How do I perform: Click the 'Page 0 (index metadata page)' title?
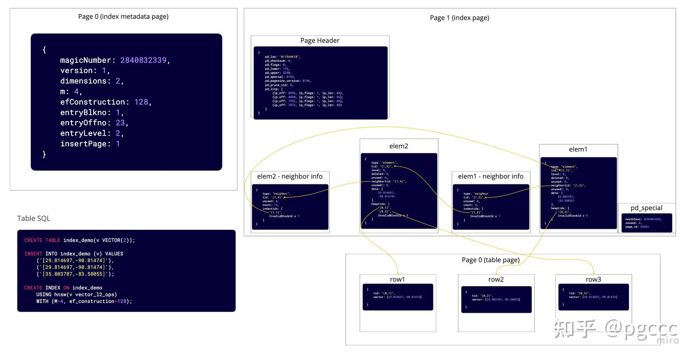tap(123, 16)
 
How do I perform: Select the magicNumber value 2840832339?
tap(144, 60)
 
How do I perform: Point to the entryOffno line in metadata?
tap(94, 123)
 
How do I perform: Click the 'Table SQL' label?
tap(34, 218)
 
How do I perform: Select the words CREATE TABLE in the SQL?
tap(42, 240)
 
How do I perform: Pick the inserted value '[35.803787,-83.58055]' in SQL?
tap(74, 274)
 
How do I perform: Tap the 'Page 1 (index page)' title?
tap(459, 18)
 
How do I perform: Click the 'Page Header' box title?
tap(320, 41)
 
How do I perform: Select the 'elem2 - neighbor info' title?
tap(290, 176)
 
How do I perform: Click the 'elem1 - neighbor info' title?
tap(491, 176)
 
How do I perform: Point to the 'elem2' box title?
tap(399, 146)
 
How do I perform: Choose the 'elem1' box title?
tap(578, 149)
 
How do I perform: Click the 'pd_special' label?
tap(646, 208)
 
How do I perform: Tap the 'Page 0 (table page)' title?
tap(490, 260)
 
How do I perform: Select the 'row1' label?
tap(397, 279)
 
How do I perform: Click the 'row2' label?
tap(496, 279)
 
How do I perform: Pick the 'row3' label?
tap(593, 279)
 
